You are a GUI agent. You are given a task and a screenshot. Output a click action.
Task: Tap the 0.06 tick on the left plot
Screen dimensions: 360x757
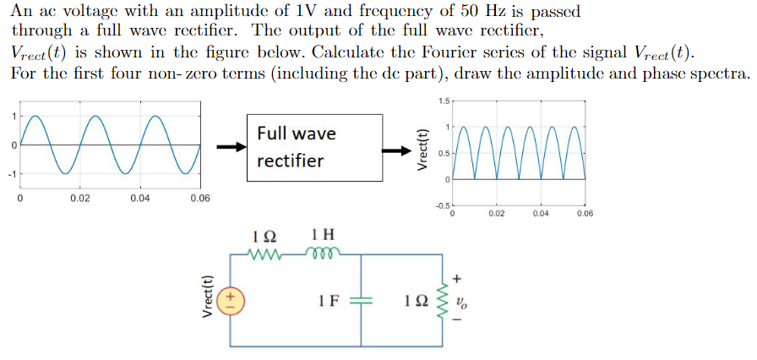tap(200, 198)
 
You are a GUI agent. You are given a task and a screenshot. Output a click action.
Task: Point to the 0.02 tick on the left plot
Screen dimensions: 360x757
tap(81, 198)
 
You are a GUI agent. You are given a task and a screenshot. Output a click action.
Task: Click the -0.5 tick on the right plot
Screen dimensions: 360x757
tap(443, 205)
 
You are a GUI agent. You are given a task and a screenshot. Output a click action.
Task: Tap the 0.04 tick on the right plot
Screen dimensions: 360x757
tap(541, 214)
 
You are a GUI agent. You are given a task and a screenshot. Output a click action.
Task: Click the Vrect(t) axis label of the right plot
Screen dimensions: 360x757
tap(424, 150)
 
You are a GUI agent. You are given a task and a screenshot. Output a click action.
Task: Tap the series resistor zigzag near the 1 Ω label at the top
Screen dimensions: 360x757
tap(269, 251)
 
